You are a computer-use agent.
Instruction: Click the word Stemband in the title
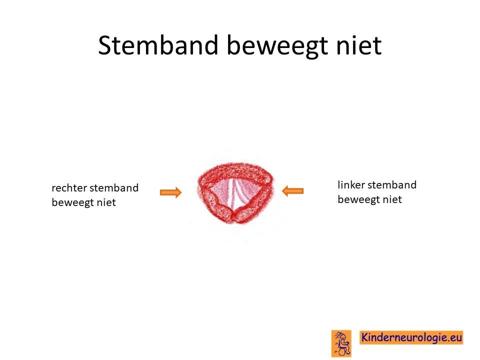pos(158,45)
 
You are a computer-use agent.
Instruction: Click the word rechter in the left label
pos(69,188)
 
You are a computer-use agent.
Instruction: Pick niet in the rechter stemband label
pos(106,202)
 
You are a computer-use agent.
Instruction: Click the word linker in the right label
pos(351,185)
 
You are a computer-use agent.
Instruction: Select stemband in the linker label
pos(392,185)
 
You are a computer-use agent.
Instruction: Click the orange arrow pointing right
pos(171,192)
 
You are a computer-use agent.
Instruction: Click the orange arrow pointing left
pos(292,191)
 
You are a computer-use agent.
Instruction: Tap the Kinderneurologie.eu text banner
pos(411,337)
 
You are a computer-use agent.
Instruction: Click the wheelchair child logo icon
pos(341,343)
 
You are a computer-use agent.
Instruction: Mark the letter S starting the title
pos(105,45)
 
